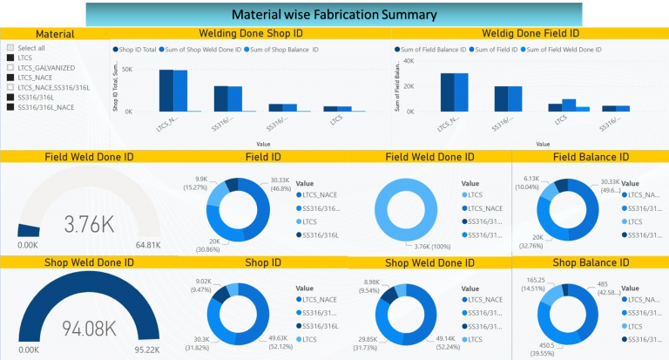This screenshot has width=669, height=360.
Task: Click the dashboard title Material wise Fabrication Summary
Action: [333, 15]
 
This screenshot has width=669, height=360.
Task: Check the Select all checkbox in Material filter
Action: [10, 47]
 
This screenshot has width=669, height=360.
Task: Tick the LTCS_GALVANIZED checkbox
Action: [10, 67]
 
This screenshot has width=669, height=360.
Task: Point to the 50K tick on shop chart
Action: [126, 68]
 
